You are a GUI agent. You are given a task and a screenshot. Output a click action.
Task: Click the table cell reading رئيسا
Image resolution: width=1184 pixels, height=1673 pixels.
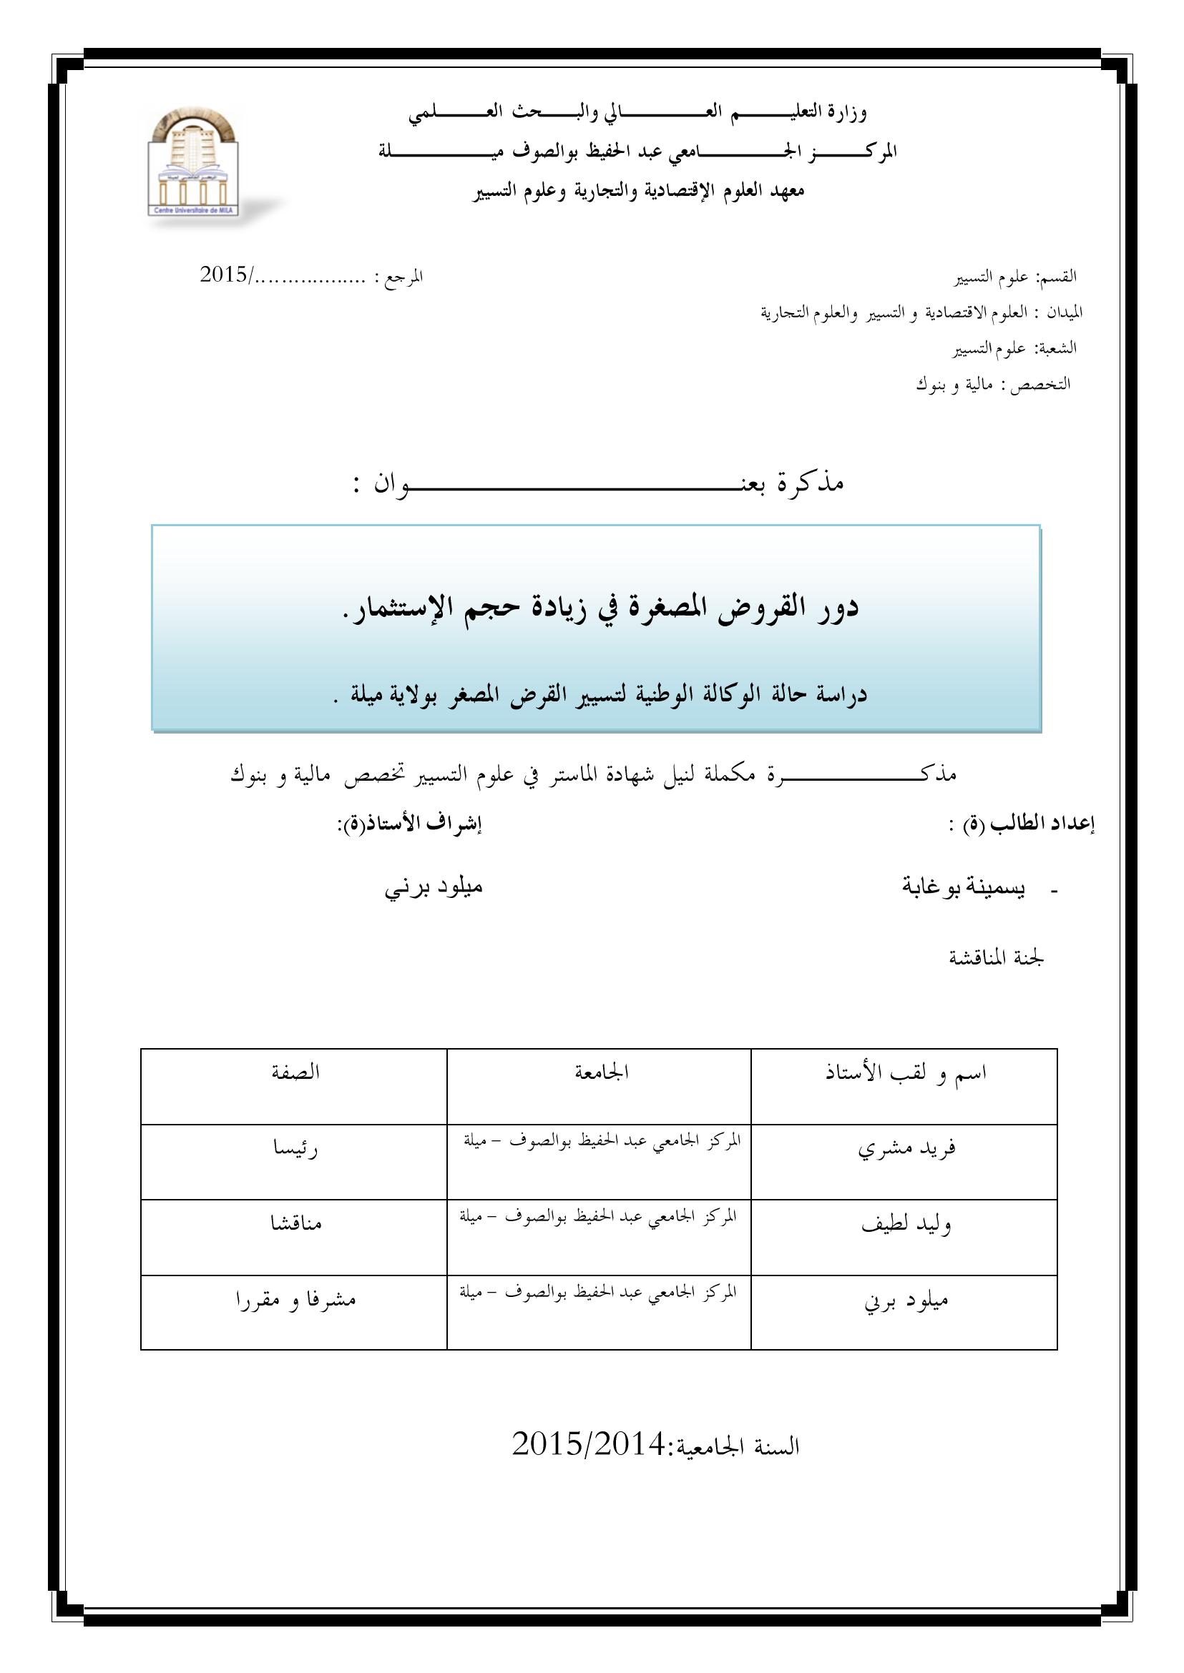(x=294, y=1150)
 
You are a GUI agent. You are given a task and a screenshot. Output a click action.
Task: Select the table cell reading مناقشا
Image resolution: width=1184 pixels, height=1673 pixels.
(x=294, y=1225)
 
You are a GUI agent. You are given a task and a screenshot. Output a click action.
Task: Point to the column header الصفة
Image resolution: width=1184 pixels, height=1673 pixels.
(x=295, y=1073)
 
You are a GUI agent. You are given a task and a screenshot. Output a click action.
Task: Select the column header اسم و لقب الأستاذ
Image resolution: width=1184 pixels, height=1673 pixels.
(x=906, y=1073)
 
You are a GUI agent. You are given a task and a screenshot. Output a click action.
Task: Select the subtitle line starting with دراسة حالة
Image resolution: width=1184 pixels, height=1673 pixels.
(x=598, y=694)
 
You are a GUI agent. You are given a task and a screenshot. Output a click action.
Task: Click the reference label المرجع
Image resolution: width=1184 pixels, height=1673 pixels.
(x=398, y=277)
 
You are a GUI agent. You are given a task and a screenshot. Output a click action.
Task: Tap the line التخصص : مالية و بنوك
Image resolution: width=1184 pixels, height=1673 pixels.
(x=993, y=384)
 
